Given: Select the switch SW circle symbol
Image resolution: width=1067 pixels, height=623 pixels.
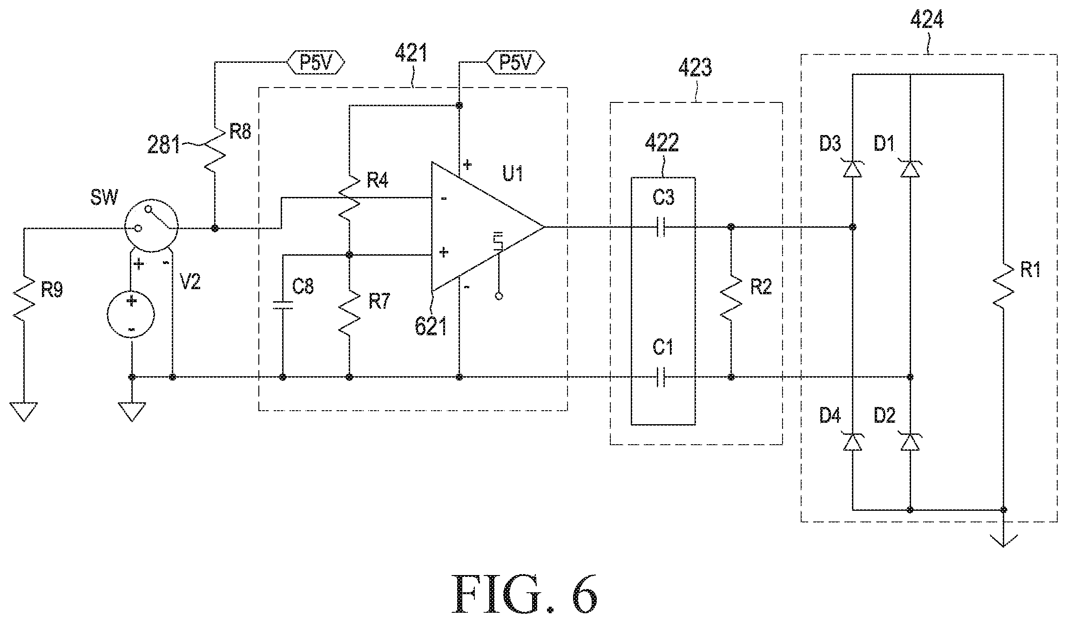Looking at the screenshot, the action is (x=151, y=228).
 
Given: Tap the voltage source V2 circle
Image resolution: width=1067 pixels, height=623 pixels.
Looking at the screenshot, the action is (x=131, y=315).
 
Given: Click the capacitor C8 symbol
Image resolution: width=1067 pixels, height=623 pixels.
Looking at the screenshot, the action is (x=282, y=305).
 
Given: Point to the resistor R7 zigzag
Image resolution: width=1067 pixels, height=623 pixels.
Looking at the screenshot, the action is (x=350, y=312).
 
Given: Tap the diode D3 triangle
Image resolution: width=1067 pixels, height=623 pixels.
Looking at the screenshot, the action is (x=852, y=168).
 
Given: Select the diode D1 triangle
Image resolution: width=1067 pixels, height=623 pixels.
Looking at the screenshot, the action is (x=910, y=168).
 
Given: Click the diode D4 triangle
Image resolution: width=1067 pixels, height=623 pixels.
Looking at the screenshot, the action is (x=852, y=442).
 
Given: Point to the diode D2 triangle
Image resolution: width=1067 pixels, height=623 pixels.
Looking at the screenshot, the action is (x=910, y=442).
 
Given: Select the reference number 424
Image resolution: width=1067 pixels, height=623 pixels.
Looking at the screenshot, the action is (x=926, y=21).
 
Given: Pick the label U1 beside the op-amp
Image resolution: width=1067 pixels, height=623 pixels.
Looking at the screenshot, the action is (x=513, y=174).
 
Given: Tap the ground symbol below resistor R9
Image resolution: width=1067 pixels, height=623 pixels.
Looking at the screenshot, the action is (x=23, y=412).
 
